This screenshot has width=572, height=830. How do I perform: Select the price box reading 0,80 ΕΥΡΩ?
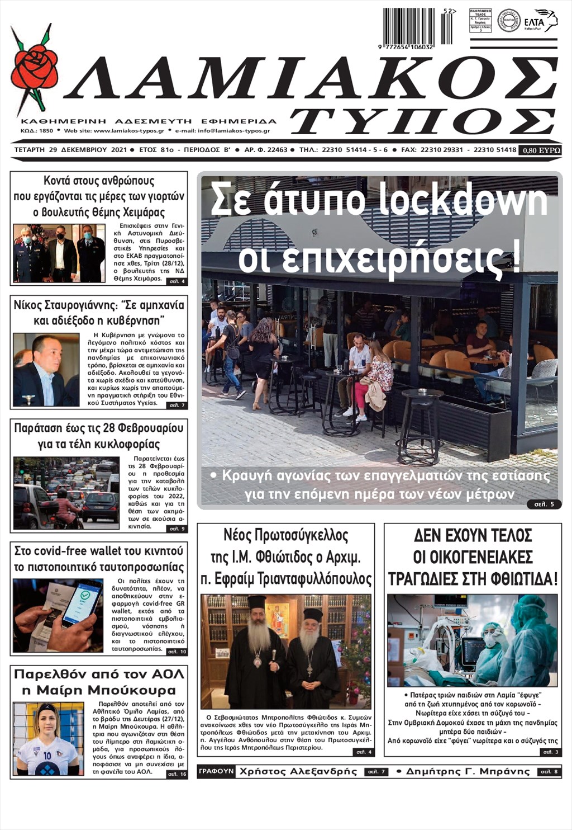click(540, 150)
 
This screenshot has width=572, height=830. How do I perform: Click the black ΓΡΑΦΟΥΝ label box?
click(216, 771)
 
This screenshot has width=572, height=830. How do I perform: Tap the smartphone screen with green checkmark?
click(82, 602)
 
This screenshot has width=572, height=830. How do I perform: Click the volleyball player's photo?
click(47, 738)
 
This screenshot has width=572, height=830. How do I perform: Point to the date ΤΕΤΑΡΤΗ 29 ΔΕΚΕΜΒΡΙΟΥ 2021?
click(70, 150)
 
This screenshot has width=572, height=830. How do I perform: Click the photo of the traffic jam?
click(66, 493)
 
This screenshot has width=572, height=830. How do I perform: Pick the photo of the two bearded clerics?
click(285, 651)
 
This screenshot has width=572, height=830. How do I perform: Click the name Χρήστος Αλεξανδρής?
click(298, 771)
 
